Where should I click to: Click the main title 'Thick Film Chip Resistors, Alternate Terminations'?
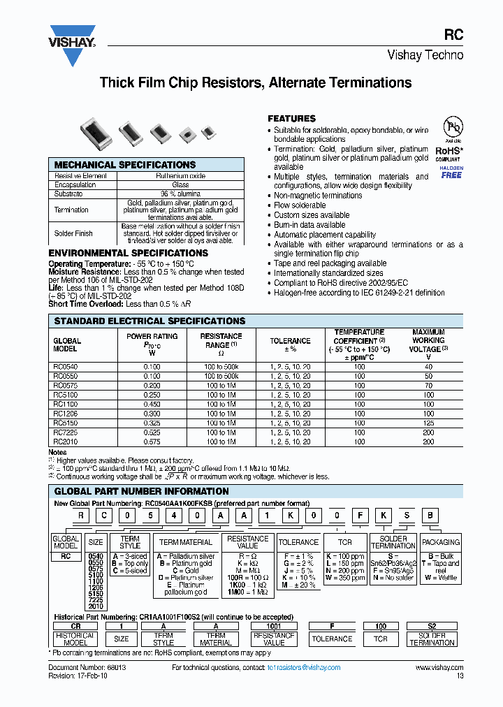255,83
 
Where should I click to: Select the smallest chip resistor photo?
207,131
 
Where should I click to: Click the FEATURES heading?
292,119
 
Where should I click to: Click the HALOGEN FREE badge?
451,172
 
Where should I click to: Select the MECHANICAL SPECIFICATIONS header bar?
147,165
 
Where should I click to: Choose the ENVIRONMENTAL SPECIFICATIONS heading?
128,253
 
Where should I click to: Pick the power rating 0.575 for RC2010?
152,442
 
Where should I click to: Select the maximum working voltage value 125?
428,423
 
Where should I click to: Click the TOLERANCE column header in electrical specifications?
290,341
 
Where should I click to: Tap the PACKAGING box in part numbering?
441,542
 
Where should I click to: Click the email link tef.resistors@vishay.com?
303,668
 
